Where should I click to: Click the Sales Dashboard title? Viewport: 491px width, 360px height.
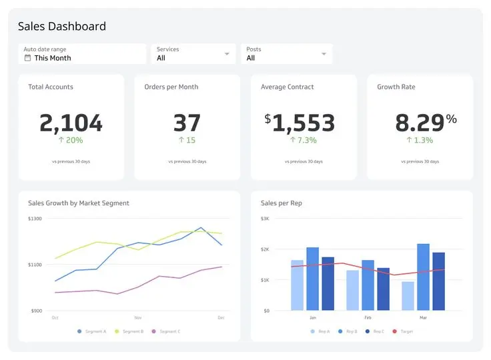click(x=61, y=27)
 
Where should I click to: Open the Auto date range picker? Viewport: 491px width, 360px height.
click(x=81, y=54)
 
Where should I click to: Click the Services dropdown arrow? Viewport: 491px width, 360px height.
click(x=227, y=54)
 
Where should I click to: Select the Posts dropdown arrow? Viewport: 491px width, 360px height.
click(x=324, y=54)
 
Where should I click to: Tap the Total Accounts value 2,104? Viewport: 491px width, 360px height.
click(x=71, y=123)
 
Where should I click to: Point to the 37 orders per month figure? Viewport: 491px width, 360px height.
click(x=187, y=123)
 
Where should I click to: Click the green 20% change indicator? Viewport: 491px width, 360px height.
click(x=71, y=140)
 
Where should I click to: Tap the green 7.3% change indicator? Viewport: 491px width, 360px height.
click(x=303, y=140)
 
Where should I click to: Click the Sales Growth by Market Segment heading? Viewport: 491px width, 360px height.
click(x=79, y=203)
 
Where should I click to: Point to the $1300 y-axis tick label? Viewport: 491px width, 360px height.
click(x=35, y=219)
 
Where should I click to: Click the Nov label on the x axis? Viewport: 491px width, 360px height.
click(x=138, y=318)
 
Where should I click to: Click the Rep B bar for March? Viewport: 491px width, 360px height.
click(x=423, y=277)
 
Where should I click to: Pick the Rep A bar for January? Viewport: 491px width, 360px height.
click(x=297, y=285)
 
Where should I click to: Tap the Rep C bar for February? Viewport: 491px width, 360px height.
click(x=383, y=289)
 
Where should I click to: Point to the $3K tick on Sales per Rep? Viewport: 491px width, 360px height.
click(x=265, y=219)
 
